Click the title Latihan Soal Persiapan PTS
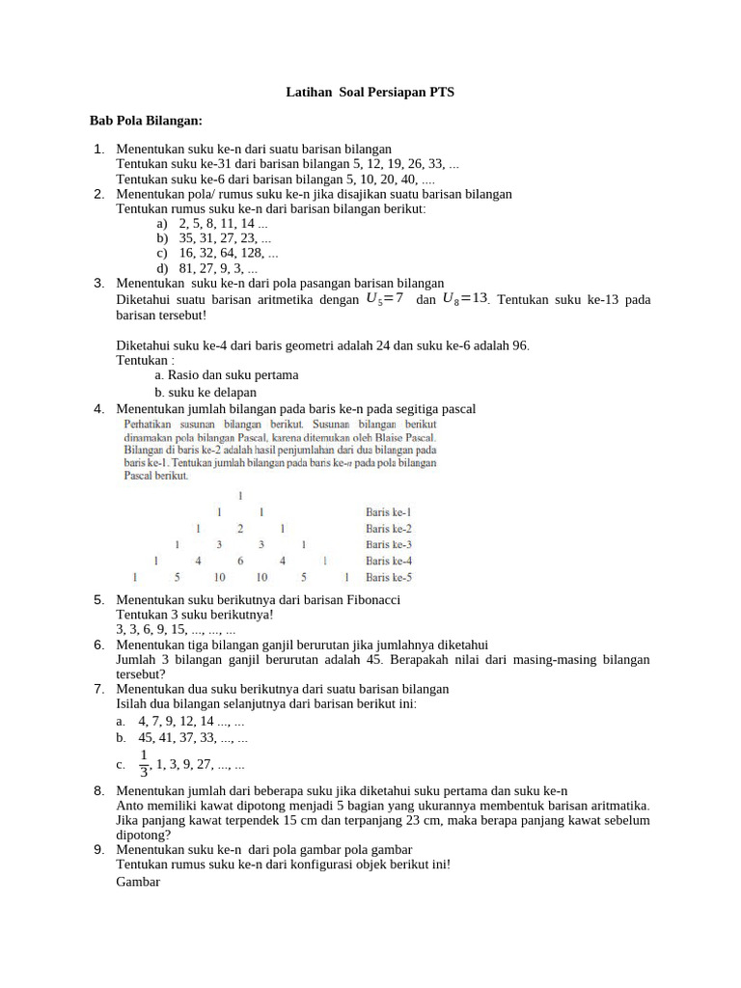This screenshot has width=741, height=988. pyautogui.click(x=370, y=93)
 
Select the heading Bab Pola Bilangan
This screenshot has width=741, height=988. pyautogui.click(x=146, y=121)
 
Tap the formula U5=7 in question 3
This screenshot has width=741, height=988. pyautogui.click(x=385, y=299)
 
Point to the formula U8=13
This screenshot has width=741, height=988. pyautogui.click(x=464, y=299)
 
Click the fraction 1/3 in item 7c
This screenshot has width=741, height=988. pyautogui.click(x=144, y=763)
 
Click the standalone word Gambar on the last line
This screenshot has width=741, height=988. pyautogui.click(x=138, y=881)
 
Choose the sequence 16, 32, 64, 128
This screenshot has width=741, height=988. pyautogui.click(x=228, y=254)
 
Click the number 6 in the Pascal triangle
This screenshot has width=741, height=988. pyautogui.click(x=240, y=561)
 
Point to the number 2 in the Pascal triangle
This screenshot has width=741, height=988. pyautogui.click(x=240, y=529)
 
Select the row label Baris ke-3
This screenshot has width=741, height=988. pyautogui.click(x=389, y=545)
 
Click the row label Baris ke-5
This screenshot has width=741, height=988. pyautogui.click(x=389, y=578)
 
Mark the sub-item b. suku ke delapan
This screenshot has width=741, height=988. pyautogui.click(x=206, y=393)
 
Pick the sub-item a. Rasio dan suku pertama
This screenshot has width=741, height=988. pyautogui.click(x=226, y=374)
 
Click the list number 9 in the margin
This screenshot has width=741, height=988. pyautogui.click(x=99, y=849)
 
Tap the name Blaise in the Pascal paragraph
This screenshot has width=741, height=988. pyautogui.click(x=382, y=437)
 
